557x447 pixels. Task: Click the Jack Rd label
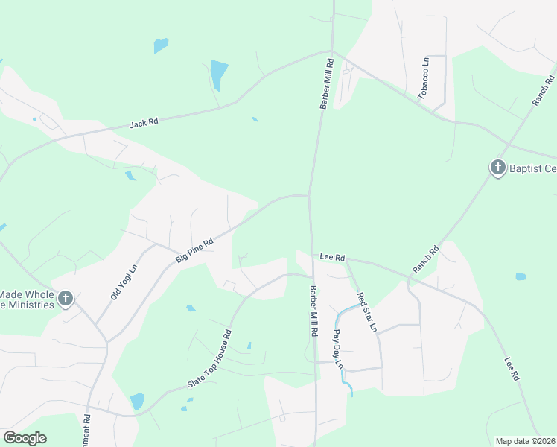[x=144, y=122]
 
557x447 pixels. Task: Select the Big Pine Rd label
[x=194, y=249]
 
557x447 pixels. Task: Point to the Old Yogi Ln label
[x=124, y=282]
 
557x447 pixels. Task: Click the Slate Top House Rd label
[x=210, y=360]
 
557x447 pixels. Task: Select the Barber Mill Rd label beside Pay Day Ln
[x=313, y=311]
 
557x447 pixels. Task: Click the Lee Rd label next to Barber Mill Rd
[x=332, y=257]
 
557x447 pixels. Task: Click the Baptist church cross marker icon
[x=497, y=167]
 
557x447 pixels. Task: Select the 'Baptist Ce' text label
[x=532, y=168]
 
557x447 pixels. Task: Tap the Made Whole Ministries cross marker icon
[x=66, y=299]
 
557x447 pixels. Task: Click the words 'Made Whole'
[x=27, y=294]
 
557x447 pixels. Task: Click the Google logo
[x=25, y=438]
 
